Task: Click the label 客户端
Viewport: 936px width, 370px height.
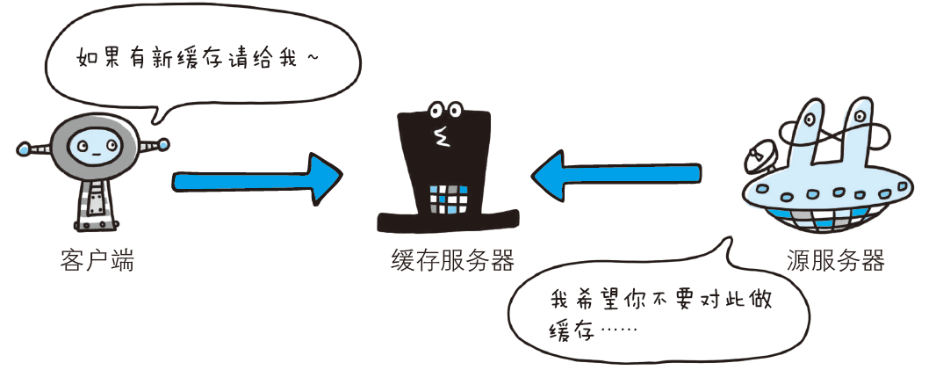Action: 97,260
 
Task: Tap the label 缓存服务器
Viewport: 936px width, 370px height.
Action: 452,260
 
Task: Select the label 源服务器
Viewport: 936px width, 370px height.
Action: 835,260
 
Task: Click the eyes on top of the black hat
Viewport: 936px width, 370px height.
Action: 445,110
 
